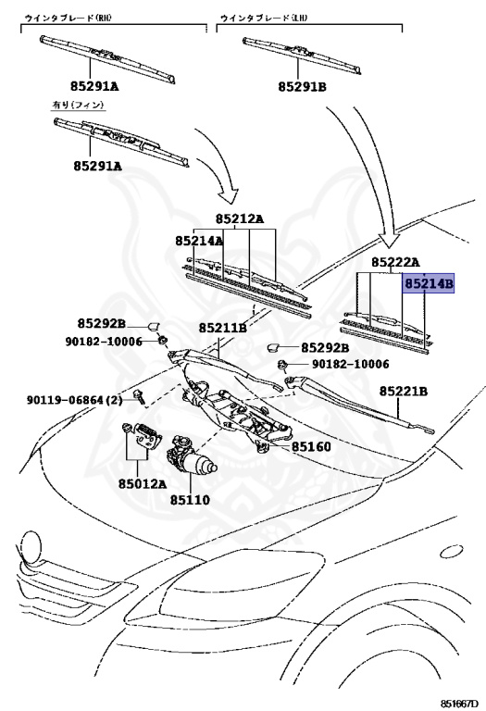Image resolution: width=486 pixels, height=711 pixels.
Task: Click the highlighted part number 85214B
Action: [429, 283]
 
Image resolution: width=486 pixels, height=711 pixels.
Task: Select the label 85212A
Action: [240, 219]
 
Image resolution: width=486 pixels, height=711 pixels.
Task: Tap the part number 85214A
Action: [199, 241]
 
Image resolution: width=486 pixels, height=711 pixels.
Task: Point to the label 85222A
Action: [396, 262]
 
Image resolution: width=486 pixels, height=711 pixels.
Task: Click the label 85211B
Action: [222, 328]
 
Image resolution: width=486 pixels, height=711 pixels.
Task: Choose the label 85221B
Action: [403, 391]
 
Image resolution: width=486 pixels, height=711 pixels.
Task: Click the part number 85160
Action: [311, 446]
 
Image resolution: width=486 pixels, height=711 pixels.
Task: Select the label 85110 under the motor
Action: [190, 500]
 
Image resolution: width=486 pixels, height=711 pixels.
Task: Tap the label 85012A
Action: [143, 484]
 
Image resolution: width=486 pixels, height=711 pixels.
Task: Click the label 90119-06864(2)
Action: [75, 400]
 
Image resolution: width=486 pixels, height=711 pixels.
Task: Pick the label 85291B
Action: [302, 86]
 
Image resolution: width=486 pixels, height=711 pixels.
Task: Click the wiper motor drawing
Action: [192, 458]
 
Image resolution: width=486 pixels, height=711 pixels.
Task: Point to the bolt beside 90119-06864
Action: [139, 398]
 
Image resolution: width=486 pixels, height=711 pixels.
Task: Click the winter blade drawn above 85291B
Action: [302, 55]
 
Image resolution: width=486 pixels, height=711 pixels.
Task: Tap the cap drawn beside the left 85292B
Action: [155, 326]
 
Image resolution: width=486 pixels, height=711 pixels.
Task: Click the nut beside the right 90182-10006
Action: [281, 364]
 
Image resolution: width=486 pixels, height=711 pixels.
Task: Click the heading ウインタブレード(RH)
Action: [68, 19]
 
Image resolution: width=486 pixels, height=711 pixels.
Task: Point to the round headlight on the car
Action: [31, 545]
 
